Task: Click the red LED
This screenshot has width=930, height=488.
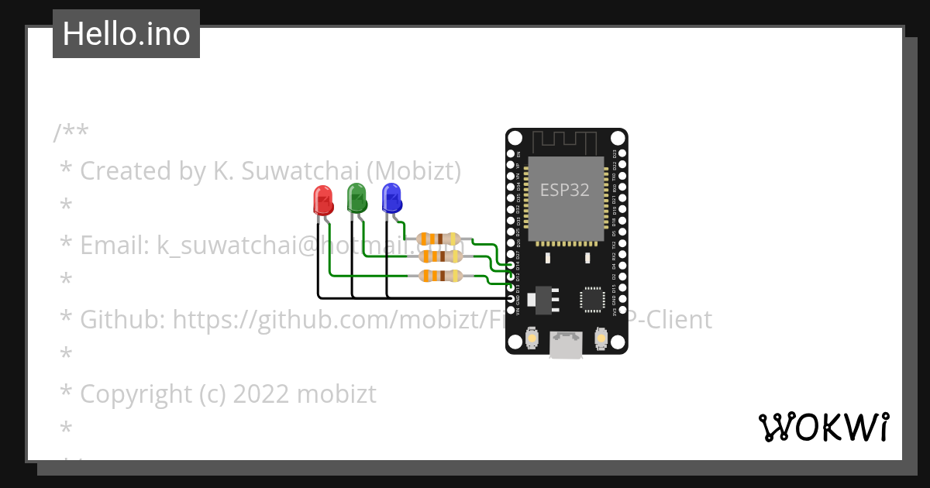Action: (322, 200)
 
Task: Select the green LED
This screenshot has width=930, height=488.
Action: (356, 198)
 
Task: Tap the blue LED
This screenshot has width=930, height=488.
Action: (391, 198)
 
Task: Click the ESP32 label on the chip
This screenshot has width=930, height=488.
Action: (565, 191)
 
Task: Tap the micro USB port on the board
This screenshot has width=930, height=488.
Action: (567, 345)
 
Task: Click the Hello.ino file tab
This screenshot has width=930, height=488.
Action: (126, 34)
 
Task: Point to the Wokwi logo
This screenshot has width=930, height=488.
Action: (823, 427)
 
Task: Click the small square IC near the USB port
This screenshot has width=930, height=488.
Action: (592, 299)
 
